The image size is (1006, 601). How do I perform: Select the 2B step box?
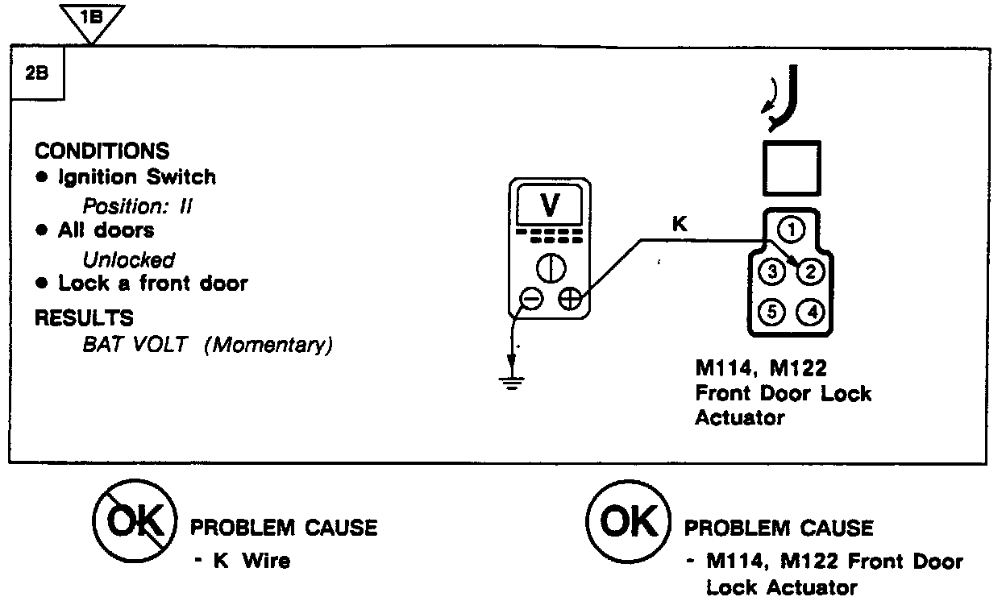[36, 73]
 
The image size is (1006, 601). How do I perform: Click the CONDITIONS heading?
[102, 151]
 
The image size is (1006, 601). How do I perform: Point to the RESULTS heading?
[84, 317]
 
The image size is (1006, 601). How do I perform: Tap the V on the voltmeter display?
[550, 206]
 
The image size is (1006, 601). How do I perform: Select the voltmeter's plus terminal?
[570, 300]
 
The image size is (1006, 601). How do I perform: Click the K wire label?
[679, 226]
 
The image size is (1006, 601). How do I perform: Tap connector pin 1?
[792, 230]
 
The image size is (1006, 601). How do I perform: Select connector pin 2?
[810, 271]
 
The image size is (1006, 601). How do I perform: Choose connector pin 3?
[771, 271]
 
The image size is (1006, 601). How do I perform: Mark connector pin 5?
[771, 312]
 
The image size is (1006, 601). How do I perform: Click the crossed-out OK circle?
[135, 524]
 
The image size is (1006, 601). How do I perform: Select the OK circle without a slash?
[630, 524]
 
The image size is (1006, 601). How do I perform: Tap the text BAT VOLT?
[134, 345]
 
